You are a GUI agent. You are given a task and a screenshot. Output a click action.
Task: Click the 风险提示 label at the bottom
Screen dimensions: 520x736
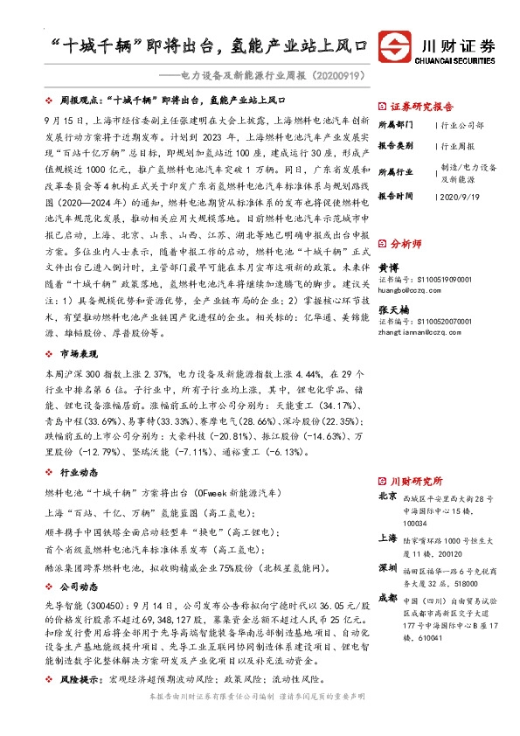point(76,679)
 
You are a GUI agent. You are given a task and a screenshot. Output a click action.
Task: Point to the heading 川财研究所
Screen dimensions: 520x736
point(416,481)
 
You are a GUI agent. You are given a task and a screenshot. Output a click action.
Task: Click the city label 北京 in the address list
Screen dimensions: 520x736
point(386,496)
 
